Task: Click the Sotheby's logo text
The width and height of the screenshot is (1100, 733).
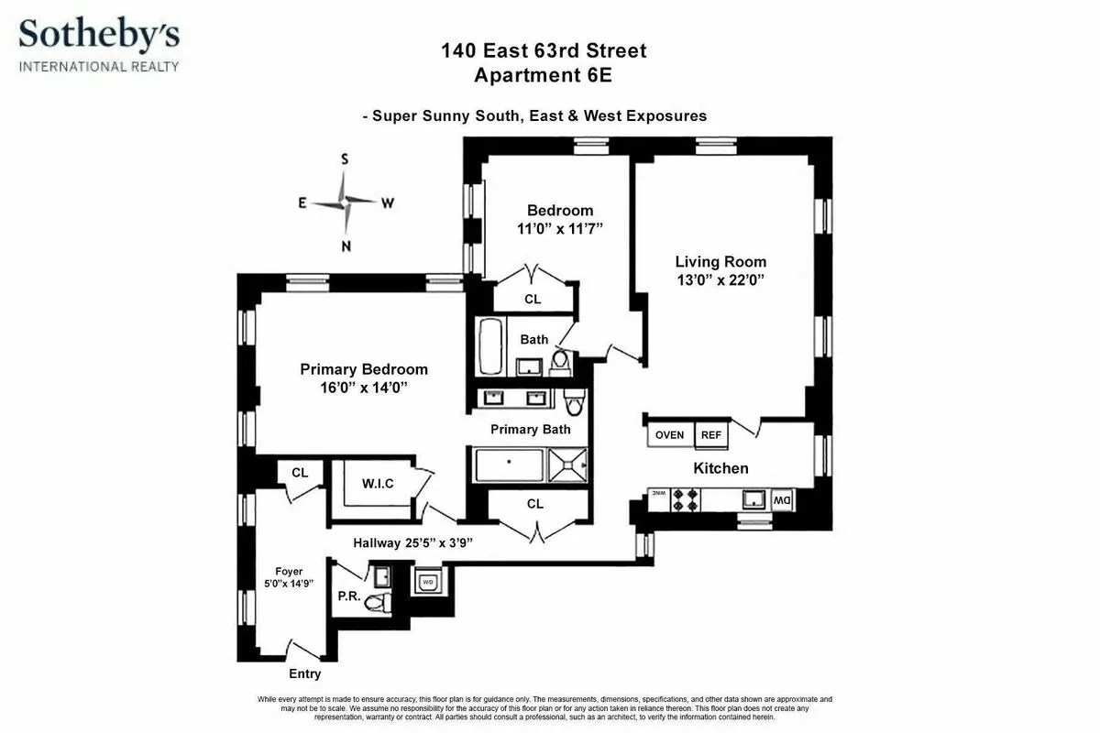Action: coord(100,36)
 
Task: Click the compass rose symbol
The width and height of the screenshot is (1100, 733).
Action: coord(346,202)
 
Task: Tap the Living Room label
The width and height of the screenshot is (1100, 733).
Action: coord(720,262)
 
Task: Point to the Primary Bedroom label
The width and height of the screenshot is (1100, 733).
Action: coord(364,369)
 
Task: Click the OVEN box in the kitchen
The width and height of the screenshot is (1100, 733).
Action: coord(670,435)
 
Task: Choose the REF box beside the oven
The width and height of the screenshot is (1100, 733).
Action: coord(711,435)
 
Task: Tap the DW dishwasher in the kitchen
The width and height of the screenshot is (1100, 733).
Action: coord(781,500)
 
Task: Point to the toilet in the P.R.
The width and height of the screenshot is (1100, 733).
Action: coord(376,602)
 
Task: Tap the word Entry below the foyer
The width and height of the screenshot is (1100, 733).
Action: coord(305,674)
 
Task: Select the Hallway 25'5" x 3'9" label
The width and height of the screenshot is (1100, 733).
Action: coord(412,542)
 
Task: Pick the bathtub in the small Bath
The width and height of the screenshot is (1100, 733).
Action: coord(488,346)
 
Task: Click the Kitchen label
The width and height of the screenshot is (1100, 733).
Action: coord(720,468)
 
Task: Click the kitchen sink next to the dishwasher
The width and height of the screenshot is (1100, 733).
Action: coord(753,499)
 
